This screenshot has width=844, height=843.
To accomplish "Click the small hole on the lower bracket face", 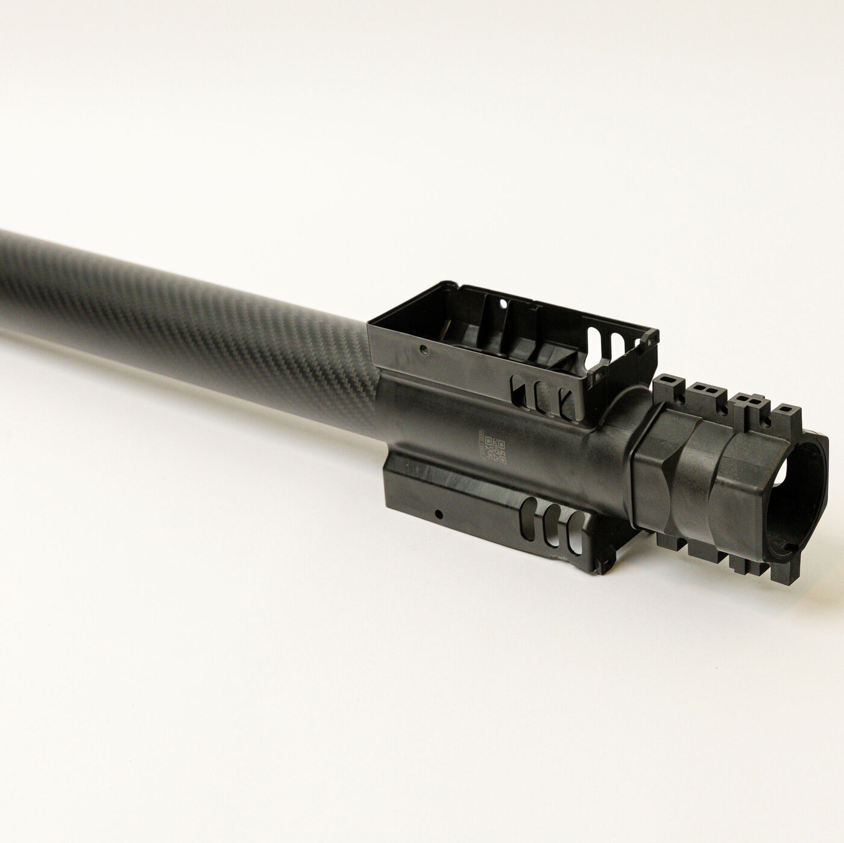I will coord(438,514).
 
